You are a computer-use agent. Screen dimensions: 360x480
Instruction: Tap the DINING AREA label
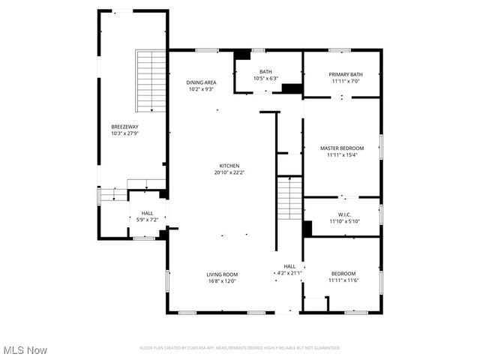coord(201,82)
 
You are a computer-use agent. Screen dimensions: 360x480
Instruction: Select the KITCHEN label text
coord(229,165)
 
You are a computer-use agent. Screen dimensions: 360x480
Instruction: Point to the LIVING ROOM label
coord(222,274)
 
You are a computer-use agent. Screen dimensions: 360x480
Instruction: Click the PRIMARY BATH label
coord(346,74)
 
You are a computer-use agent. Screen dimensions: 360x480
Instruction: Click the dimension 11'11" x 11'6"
coord(343,280)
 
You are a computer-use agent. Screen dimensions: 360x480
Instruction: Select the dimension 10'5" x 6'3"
coord(265,78)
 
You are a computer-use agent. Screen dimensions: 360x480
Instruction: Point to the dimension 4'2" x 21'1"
coord(289,273)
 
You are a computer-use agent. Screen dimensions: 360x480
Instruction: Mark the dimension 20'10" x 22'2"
coord(229,172)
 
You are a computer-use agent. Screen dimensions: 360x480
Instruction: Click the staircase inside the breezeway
coord(151,81)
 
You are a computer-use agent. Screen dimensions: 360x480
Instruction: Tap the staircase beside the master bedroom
coord(289,198)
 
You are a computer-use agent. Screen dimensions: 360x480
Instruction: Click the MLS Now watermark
coord(25,350)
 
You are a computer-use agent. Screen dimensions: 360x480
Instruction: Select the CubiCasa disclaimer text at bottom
coord(240,348)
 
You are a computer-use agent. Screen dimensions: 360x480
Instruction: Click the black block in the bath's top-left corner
coord(242,55)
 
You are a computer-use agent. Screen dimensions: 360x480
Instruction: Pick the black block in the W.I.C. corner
coord(307,229)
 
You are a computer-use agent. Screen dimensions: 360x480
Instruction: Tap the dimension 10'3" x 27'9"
coord(125,133)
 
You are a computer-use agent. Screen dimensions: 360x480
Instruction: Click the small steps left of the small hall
coord(114,195)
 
